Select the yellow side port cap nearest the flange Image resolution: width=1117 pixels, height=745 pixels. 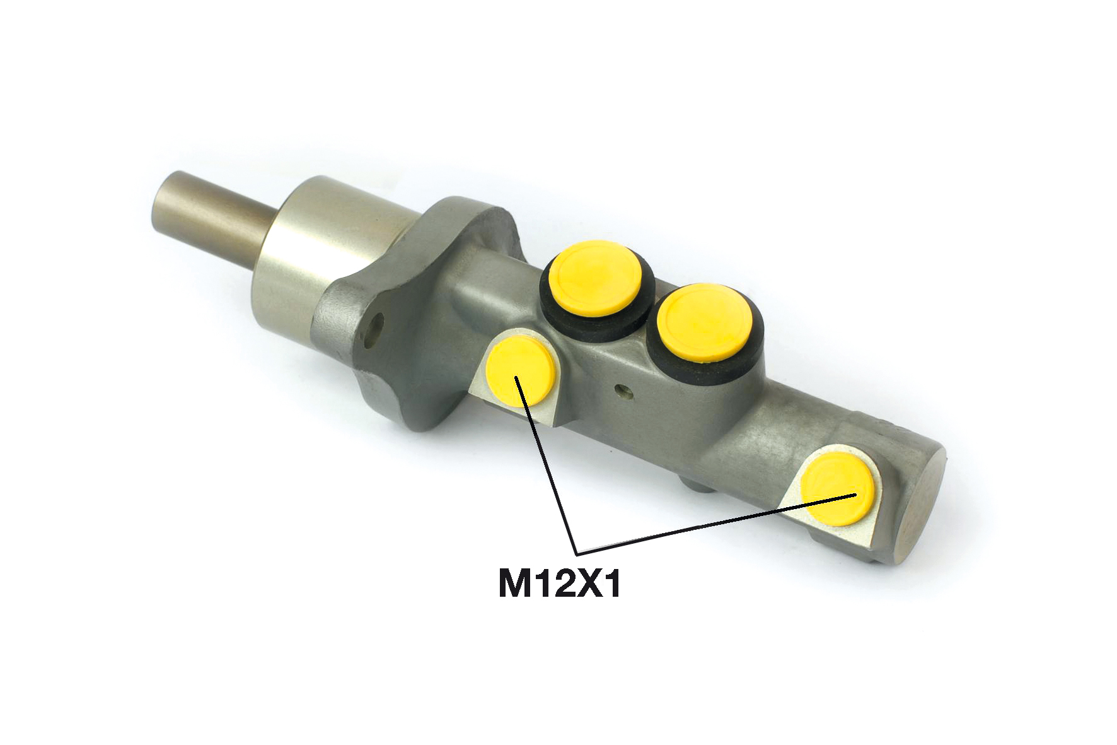521,372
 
